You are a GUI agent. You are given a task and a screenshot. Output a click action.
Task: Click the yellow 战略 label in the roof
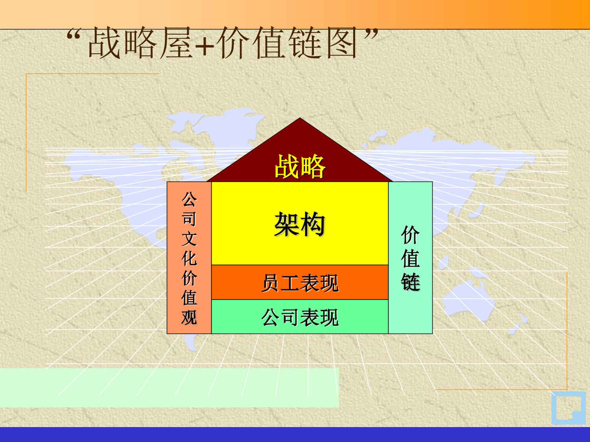pos(300,166)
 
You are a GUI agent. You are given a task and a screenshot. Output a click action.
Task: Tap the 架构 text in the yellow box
pos(300,224)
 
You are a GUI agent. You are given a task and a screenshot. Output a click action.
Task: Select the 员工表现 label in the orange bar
pos(300,283)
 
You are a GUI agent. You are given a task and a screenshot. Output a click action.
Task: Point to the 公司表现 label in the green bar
pos(300,317)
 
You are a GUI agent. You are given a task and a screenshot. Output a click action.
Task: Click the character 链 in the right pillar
pos(411,282)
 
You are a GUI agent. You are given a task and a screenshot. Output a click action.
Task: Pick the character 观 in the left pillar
pos(189,317)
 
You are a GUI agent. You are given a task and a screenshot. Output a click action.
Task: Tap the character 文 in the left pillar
pos(189,239)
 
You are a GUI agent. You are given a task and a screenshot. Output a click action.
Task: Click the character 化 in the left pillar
pos(189,259)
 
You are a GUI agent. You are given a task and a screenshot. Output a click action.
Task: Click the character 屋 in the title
pos(176,43)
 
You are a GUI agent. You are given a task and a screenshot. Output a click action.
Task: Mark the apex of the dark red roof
pos(300,118)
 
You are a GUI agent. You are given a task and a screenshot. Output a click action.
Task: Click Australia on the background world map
pos(468,297)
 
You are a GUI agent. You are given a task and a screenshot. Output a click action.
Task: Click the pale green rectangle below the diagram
pos(170,387)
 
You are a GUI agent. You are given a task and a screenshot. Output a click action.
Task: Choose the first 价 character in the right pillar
pos(411,235)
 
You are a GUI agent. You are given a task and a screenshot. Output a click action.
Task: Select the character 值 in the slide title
pos(269,43)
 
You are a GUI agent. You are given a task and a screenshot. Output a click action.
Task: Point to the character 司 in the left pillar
pos(189,219)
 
